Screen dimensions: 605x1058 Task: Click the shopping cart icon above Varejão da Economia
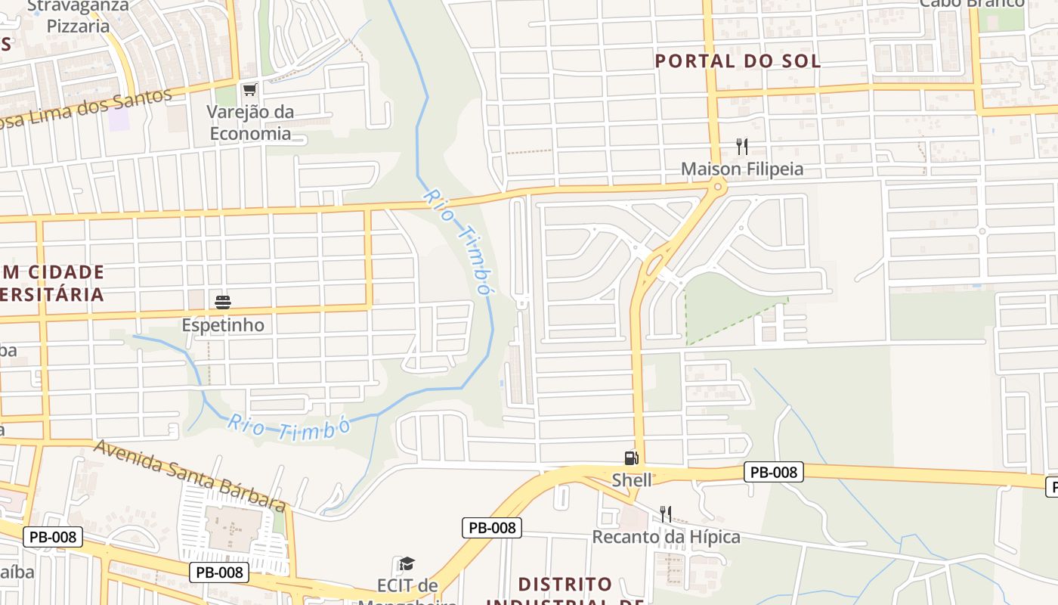[249, 89]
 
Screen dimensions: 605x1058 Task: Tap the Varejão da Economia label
[250, 123]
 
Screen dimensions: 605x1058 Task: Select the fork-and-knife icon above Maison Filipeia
[742, 147]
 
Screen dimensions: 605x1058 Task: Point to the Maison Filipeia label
[742, 169]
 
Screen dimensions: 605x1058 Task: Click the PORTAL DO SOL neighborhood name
[738, 61]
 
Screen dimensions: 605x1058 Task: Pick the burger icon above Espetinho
[223, 302]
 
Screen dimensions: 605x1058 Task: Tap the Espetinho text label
[223, 325]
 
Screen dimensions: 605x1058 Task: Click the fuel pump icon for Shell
[631, 458]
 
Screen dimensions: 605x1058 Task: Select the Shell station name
[632, 479]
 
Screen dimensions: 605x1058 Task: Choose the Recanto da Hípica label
[666, 537]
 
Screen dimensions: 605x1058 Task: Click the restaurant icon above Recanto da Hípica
[666, 514]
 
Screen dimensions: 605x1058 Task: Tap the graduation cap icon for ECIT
[407, 563]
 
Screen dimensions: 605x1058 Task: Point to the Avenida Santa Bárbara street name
[190, 475]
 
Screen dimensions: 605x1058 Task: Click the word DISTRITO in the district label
[565, 585]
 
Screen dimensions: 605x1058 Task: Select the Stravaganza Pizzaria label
[78, 16]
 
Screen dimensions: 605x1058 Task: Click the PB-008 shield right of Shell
[773, 473]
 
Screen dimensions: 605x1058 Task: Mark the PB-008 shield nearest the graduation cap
[492, 528]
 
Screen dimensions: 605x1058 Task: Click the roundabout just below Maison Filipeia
[718, 187]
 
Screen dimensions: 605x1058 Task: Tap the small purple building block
[119, 119]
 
